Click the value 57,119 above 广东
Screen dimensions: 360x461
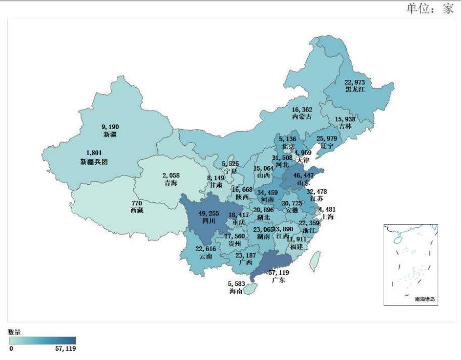[x=277, y=273]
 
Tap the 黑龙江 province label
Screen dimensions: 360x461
[x=356, y=89]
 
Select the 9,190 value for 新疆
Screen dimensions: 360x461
[x=110, y=126]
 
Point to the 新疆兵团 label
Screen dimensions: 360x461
[x=94, y=162]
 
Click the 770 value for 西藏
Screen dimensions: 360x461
[x=137, y=203]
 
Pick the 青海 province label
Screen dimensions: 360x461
[x=167, y=183]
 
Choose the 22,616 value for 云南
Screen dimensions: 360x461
[x=205, y=250]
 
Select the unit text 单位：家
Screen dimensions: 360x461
[x=429, y=9]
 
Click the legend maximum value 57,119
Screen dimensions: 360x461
[x=65, y=349]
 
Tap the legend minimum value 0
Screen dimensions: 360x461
[x=11, y=349]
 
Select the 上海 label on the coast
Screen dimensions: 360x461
[x=328, y=216]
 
